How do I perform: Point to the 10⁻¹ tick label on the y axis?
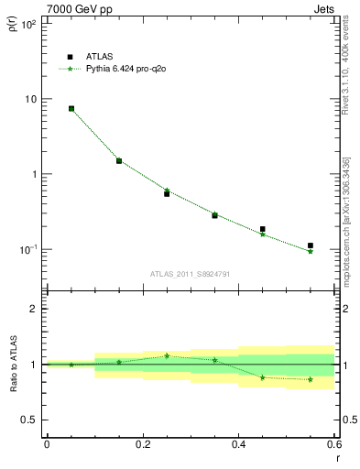pyautogui.click(x=27, y=249)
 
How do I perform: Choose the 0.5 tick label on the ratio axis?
pyautogui.click(x=28, y=420)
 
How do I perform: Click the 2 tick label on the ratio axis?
pyautogui.click(x=33, y=309)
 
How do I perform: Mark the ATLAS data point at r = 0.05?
pyautogui.click(x=71, y=108)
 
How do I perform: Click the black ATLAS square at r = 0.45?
pyautogui.click(x=263, y=229)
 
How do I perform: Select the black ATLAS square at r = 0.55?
pyautogui.click(x=311, y=245)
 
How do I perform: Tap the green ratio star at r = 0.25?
pyautogui.click(x=167, y=355)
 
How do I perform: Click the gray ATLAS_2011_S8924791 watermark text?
pyautogui.click(x=190, y=273)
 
